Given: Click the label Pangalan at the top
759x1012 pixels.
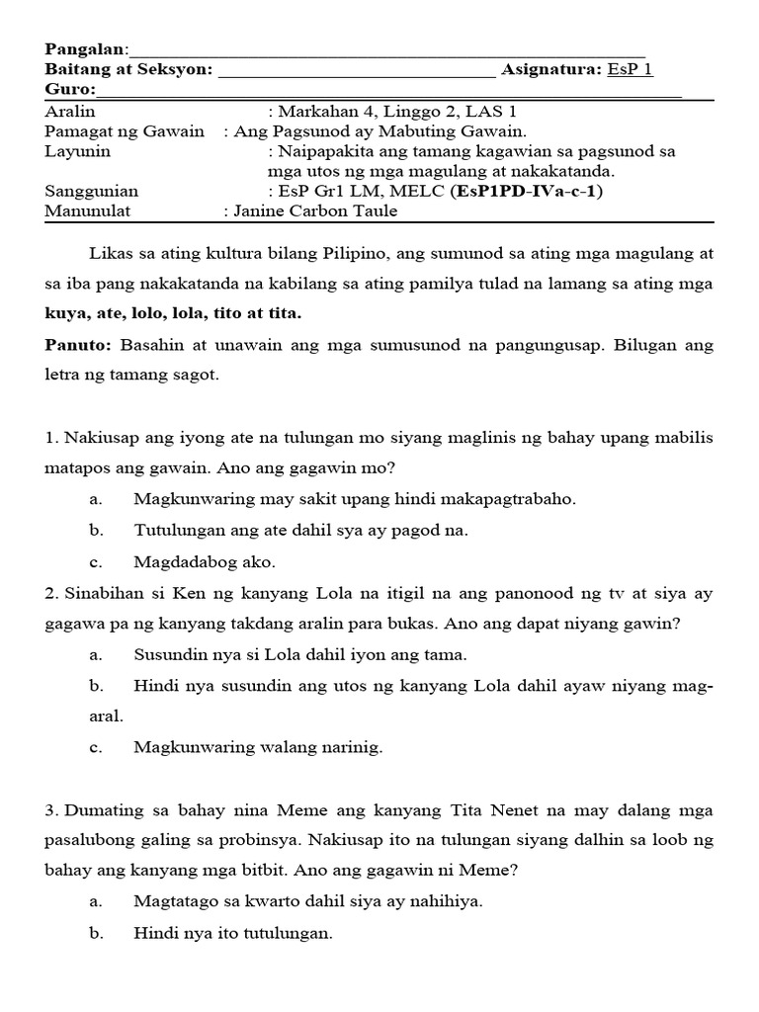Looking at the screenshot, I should pos(87,49).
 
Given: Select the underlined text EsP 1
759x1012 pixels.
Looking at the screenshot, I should pos(630,69).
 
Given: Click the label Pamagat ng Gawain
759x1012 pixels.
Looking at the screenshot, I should pos(125,131).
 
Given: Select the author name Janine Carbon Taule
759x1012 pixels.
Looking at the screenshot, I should pos(317,211).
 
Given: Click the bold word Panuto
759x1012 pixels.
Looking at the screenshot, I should pos(80,346).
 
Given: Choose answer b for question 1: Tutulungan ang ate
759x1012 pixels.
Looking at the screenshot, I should pos(300,531).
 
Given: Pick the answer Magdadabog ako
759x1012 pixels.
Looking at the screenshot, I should pos(205,562).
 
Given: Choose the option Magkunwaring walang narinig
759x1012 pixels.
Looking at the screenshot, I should pos(258,747).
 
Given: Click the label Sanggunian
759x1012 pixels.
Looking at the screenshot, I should pos(92,191).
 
